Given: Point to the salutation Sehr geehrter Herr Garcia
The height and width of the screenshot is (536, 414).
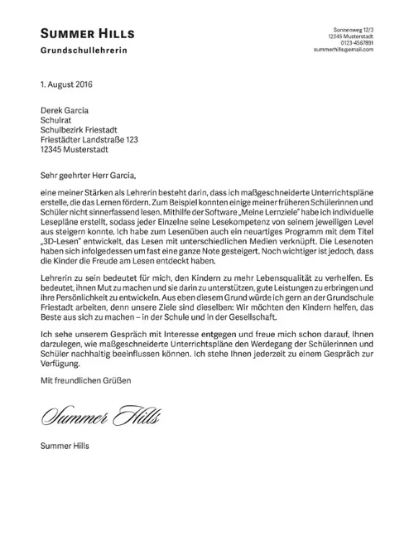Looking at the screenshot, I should pos(86,175).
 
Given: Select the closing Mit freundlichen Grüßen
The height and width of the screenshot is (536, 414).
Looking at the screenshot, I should pos(84,379).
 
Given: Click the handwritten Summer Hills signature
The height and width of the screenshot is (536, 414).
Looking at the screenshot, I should pos(99,414).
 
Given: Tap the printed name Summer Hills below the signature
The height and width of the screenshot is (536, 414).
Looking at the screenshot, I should pos(65,445).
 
